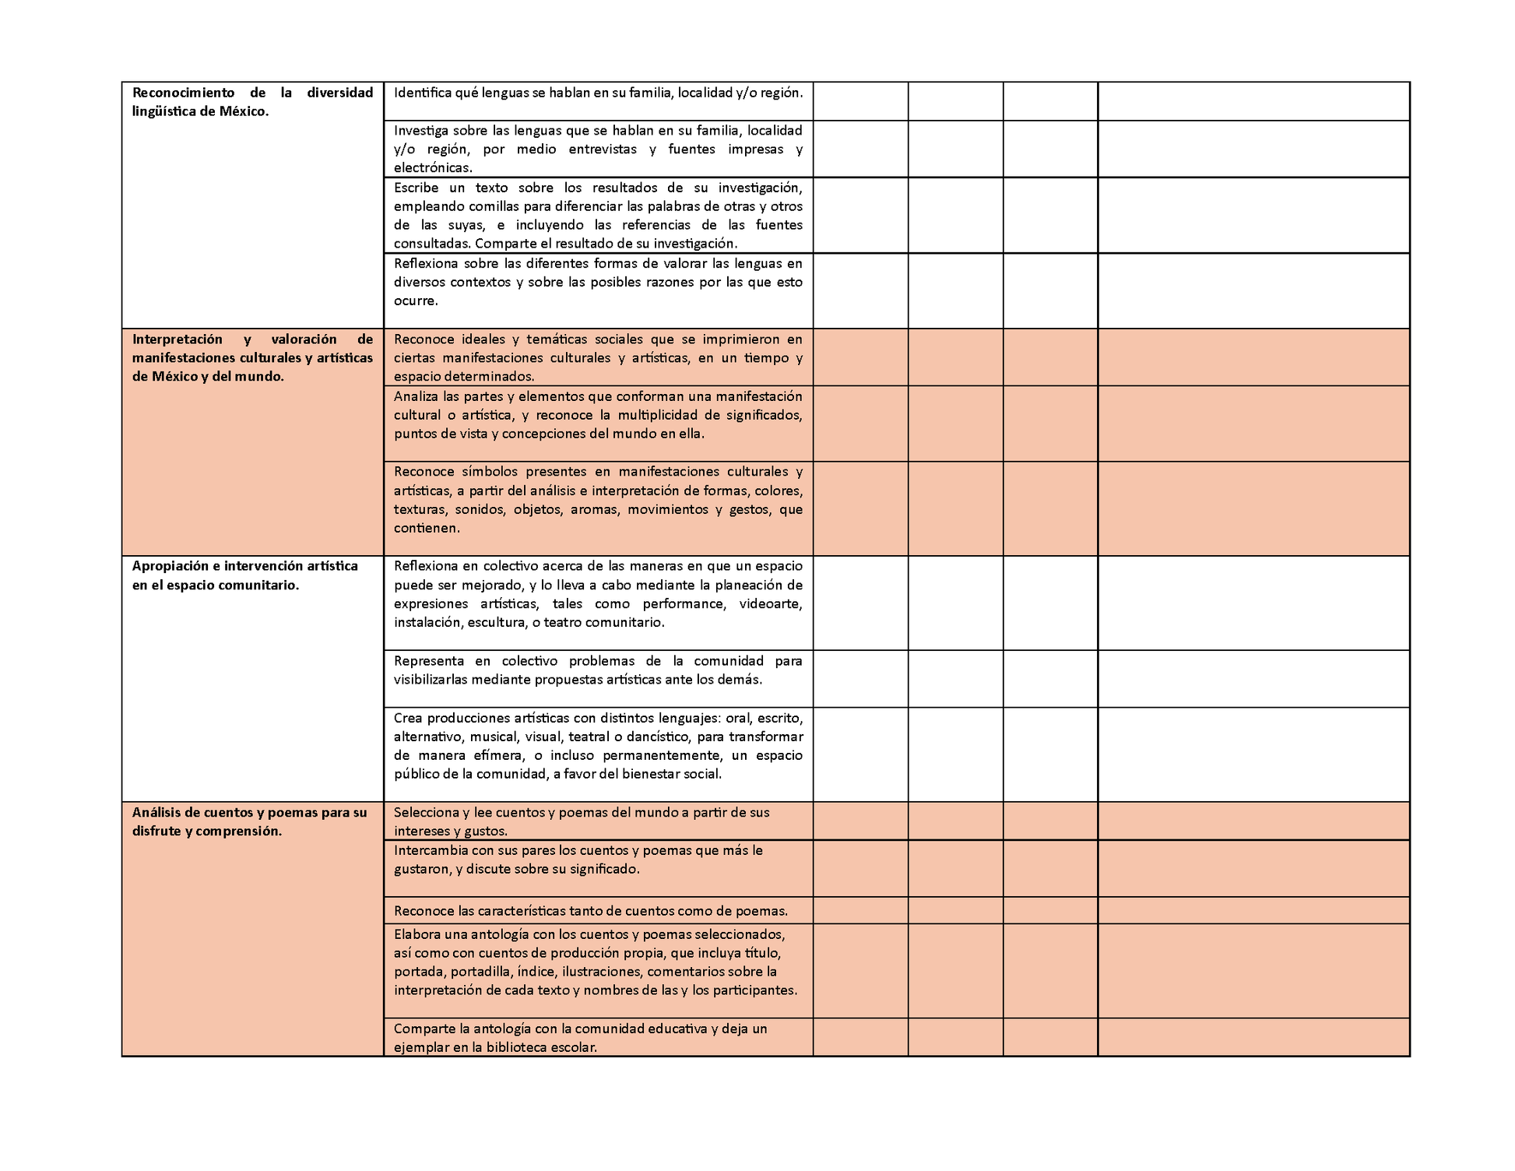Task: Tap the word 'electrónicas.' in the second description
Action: click(x=433, y=167)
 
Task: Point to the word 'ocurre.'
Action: click(x=416, y=301)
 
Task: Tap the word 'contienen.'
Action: click(x=427, y=528)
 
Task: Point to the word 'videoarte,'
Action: click(x=770, y=604)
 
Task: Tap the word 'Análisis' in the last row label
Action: click(x=156, y=813)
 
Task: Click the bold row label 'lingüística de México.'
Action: click(x=200, y=111)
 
